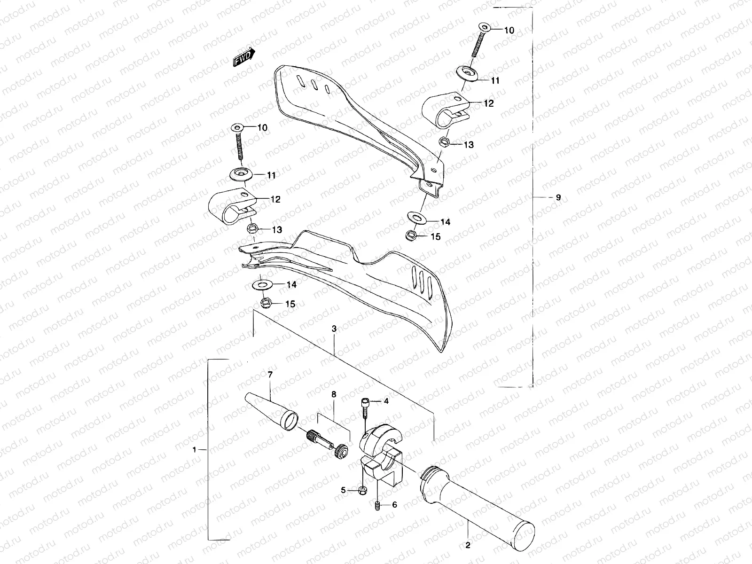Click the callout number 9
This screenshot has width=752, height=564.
(x=558, y=197)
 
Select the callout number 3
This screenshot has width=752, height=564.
(x=334, y=329)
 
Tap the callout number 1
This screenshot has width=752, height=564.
(x=194, y=450)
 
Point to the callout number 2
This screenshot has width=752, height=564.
(x=468, y=546)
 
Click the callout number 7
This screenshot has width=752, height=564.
(x=270, y=375)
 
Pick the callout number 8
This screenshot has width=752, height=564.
(x=334, y=395)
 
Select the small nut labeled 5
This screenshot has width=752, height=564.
(x=363, y=490)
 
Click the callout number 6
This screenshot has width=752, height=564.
(x=394, y=505)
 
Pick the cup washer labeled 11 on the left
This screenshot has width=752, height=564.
(x=241, y=174)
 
